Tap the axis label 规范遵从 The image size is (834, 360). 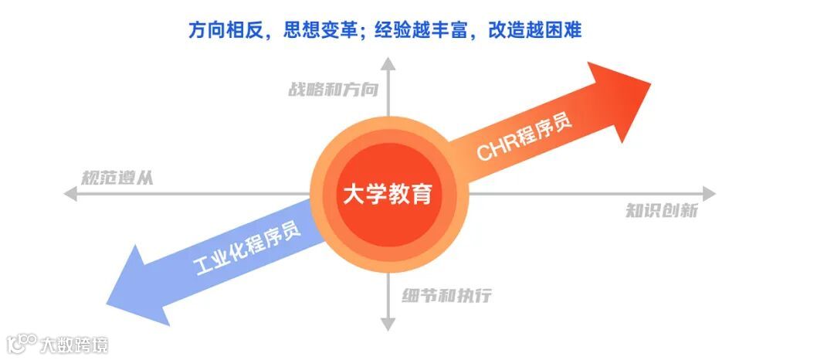(117, 177)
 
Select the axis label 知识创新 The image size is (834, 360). (662, 211)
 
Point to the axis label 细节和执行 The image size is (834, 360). (446, 296)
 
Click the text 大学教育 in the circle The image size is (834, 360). (388, 193)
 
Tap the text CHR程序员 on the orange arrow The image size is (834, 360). (524, 138)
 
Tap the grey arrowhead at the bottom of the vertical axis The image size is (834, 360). (388, 324)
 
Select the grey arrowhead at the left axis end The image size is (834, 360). (70, 194)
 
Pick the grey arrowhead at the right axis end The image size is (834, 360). (708, 194)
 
